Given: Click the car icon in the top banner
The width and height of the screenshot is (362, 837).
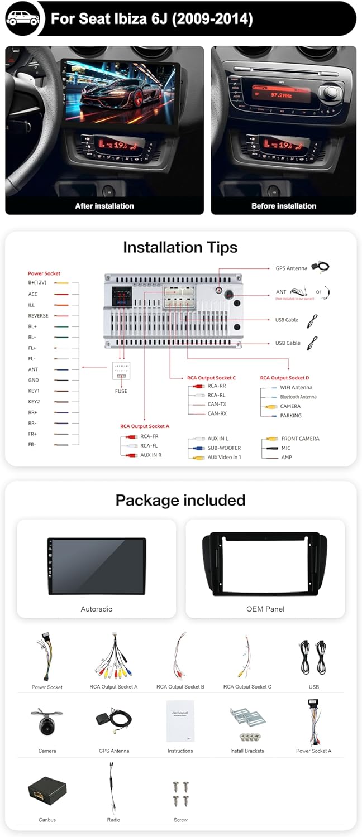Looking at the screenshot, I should coord(23,18).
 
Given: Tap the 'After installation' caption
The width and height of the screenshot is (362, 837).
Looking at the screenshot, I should coord(104,206).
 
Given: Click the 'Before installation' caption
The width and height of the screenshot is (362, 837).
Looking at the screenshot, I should coord(283,206).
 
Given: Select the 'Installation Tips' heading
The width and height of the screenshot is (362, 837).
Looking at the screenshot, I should coord(180,247).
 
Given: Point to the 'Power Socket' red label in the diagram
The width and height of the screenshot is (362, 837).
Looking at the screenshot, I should coord(44,273).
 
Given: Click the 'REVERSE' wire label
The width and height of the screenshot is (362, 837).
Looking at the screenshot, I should coord(39,316).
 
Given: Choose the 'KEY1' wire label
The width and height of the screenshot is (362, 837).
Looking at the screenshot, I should coord(34,391).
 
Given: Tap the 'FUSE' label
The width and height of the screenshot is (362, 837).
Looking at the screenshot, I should coord(121,391).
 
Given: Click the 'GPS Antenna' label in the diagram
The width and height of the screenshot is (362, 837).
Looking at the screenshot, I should coord(291,268).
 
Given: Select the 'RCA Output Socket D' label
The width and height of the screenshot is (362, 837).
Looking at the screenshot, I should coord(284,378).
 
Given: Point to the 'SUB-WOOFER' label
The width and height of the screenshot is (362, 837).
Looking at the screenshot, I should coord(224,448).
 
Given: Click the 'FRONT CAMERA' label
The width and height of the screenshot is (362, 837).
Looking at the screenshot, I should coord(300,439).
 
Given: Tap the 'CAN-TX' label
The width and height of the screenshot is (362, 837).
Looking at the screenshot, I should coord(217,405).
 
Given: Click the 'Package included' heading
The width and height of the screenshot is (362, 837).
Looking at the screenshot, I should coord(180,500).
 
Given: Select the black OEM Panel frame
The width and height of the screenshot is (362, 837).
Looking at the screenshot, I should coord(265,564).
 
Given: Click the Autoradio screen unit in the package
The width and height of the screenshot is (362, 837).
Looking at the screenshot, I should coord(97,566).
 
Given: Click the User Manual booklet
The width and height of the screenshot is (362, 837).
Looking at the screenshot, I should coord(180,721).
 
